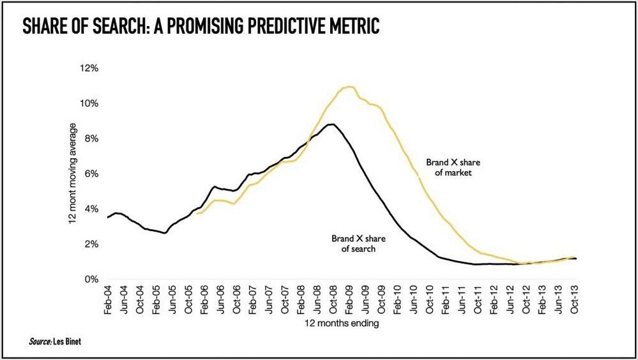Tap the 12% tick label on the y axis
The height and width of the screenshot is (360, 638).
pos(88,68)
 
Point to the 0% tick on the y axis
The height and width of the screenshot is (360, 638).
pos(91,280)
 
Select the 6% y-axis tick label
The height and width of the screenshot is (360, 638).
pos(91,174)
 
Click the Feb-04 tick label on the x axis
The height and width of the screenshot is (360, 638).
pos(108,299)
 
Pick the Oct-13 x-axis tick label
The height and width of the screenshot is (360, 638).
pos(575,299)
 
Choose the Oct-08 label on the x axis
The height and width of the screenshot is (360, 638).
pos(333,299)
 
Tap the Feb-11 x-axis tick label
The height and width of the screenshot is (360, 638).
pos(446,299)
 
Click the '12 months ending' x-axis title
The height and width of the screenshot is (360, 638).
pos(342,324)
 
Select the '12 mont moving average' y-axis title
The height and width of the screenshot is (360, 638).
pos(72,173)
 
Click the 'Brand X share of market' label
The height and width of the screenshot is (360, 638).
pos(453,167)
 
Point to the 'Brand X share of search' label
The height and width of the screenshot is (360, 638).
pos(358,243)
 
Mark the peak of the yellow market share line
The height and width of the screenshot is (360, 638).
pos(349,87)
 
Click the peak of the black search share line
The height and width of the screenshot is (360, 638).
pos(332,124)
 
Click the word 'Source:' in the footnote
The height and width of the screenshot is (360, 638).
pos(40,341)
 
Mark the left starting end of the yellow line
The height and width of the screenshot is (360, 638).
pos(196,214)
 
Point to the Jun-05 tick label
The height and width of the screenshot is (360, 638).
pos(172,299)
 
